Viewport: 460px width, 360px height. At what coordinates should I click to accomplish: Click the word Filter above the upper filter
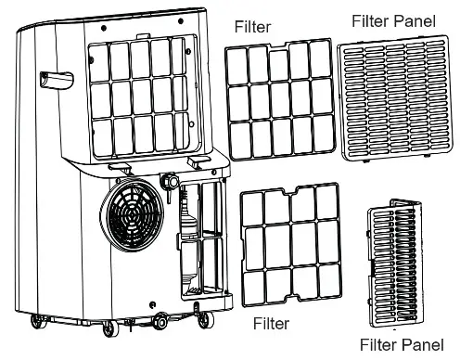click(252, 27)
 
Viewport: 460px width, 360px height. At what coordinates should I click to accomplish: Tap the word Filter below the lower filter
click(273, 324)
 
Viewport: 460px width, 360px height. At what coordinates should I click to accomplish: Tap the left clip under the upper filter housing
click(118, 165)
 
